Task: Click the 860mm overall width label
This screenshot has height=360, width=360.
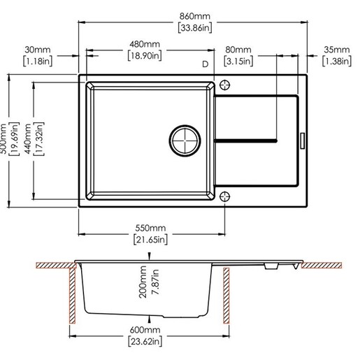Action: [x=195, y=16]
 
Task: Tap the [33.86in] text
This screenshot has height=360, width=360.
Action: [x=195, y=28]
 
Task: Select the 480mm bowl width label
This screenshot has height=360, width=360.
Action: [x=145, y=44]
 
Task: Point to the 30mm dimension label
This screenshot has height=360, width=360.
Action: [x=38, y=50]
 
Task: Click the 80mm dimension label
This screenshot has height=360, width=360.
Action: [x=238, y=50]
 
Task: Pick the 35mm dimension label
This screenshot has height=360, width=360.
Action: [x=337, y=50]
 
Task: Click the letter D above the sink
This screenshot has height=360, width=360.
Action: [x=205, y=64]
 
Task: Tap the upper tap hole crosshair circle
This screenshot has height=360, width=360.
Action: [x=224, y=85]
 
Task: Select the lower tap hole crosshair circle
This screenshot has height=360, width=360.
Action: [x=224, y=196]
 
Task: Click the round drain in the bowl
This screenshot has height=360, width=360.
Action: [x=185, y=141]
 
